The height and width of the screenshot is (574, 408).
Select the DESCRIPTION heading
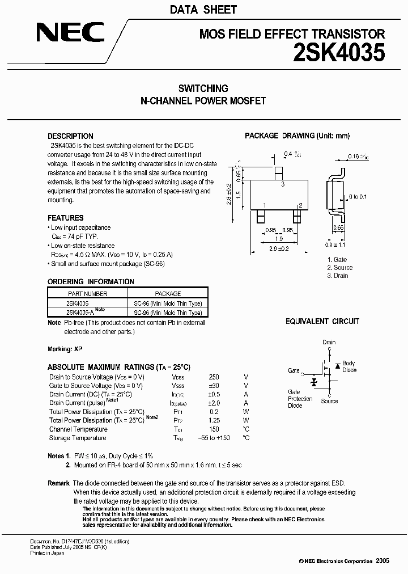pos(70,136)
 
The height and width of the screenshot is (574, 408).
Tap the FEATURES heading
pos(65,218)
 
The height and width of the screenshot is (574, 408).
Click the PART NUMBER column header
pos(87,294)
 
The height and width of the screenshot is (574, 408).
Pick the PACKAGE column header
pos(168,294)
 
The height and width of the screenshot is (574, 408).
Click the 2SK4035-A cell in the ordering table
pos(80,313)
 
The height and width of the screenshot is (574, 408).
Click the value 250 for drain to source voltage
pos(214,377)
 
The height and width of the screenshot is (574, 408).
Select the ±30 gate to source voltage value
pos(214,386)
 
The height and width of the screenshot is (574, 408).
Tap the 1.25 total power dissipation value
pos(214,421)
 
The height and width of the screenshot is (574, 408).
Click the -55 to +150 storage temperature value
pos(214,438)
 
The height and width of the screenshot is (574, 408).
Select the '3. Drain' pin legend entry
pos(337,276)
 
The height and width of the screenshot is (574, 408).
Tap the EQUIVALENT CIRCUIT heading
pos(322,321)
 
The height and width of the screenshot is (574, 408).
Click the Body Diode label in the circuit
pos(349,366)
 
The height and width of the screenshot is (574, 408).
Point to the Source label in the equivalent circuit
pos(329,401)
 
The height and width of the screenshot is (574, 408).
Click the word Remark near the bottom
pos(58,483)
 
